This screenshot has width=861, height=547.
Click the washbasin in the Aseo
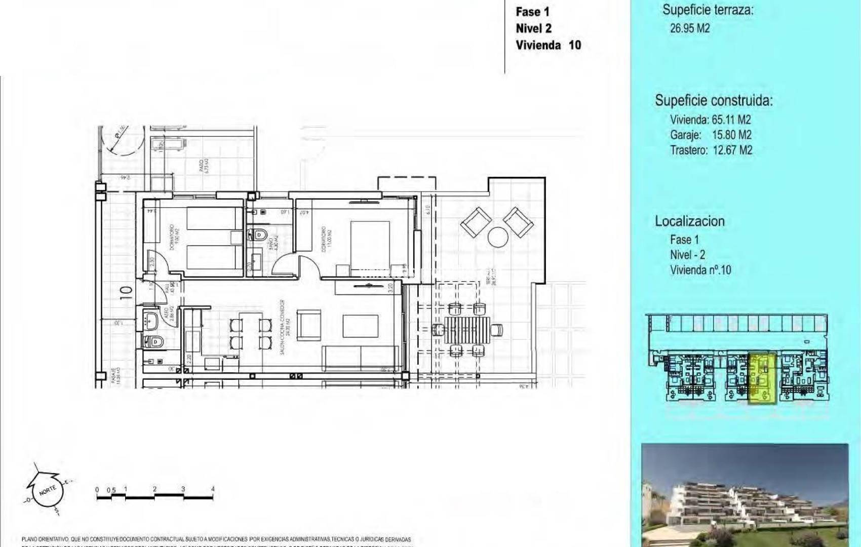point(150,319)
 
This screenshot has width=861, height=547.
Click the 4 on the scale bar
point(213,489)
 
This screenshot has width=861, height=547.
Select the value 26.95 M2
point(690,28)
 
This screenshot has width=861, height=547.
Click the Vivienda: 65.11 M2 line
point(710,120)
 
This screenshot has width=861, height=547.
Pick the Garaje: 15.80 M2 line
point(710,135)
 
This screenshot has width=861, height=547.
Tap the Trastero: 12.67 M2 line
point(711,150)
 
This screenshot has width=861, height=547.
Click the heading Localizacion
point(689,221)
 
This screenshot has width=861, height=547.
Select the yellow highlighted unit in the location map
point(762,379)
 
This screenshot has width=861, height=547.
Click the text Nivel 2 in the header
point(533,28)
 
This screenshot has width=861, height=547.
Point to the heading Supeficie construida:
point(714,100)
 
